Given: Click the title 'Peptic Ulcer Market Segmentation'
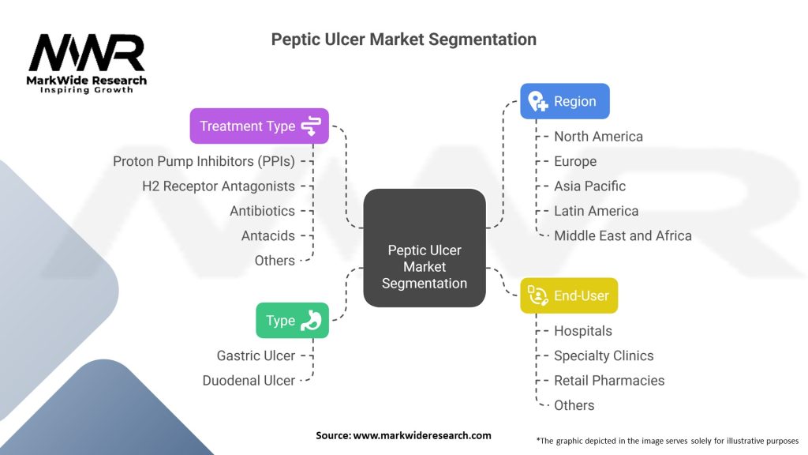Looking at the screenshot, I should coord(403,39).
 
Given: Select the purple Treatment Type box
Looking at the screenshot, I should coord(259,126).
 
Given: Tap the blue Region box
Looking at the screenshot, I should coord(564,101).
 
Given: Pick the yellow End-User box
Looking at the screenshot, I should coord(568,295).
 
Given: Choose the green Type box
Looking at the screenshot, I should coord(292,320).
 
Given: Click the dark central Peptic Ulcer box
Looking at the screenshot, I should coord(424,247).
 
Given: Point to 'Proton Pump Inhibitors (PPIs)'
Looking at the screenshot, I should coord(204,161).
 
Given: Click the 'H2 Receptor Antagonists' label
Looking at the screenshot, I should coord(219,186).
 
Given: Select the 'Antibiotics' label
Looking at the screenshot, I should coord(262,211).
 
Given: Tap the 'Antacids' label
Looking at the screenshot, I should coord(268,235).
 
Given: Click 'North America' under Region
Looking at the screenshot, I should coord(598,137).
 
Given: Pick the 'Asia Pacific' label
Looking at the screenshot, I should coord(589,186).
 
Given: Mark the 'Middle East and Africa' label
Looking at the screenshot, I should coord(623,235).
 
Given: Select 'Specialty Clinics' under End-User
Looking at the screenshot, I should coord(604,355).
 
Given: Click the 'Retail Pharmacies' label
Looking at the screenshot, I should coord(609,381).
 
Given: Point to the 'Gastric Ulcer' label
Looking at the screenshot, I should coord(256,355).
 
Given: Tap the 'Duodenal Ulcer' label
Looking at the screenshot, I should coord(249,381).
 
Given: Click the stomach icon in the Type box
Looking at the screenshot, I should coord(312,320).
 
